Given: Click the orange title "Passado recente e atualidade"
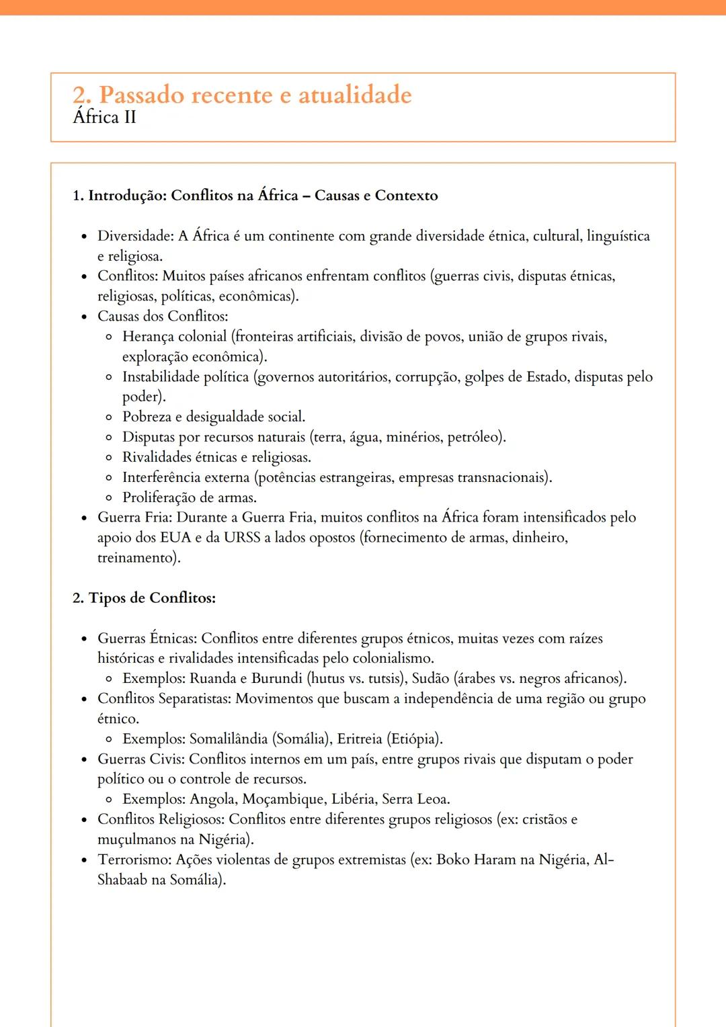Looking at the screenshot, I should click(255, 95).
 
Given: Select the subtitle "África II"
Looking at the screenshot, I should click(104, 117).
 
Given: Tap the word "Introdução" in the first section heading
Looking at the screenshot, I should click(127, 196).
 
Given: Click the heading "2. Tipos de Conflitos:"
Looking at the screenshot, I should click(144, 598).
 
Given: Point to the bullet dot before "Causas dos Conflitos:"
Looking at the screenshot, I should click(84, 317).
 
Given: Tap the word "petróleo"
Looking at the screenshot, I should click(475, 437).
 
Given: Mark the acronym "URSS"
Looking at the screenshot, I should click(242, 538).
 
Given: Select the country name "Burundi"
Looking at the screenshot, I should click(276, 678).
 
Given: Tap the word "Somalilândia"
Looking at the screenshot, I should click(229, 739).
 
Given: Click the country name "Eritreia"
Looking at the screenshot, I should click(359, 739).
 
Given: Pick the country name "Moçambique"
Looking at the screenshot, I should click(283, 799).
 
